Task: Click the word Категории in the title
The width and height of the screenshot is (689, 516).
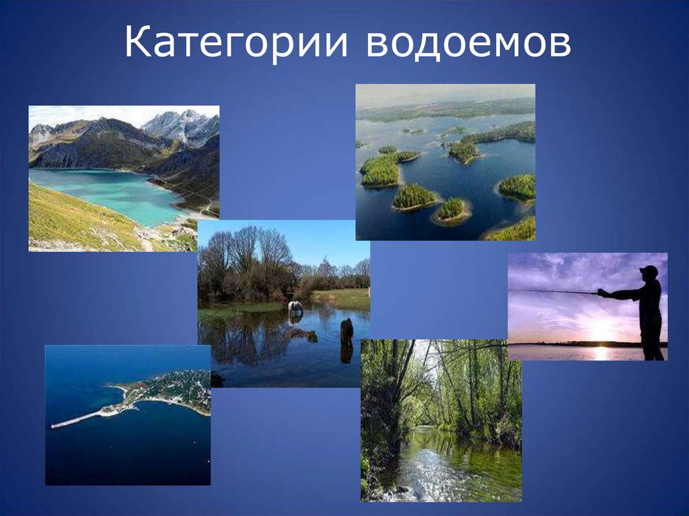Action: (236, 44)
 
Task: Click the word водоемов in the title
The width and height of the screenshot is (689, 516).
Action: (469, 44)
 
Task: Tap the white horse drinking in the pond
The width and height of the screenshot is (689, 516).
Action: (295, 307)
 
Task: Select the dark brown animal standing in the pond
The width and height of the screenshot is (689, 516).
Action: (347, 330)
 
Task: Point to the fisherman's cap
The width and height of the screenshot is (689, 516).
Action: (649, 270)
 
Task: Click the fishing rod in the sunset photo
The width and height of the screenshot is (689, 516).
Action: (552, 291)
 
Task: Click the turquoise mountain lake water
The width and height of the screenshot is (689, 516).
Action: (108, 192)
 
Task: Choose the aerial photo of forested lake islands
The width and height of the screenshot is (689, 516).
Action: (445, 161)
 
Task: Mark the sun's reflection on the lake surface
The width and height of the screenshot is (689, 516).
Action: (599, 353)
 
